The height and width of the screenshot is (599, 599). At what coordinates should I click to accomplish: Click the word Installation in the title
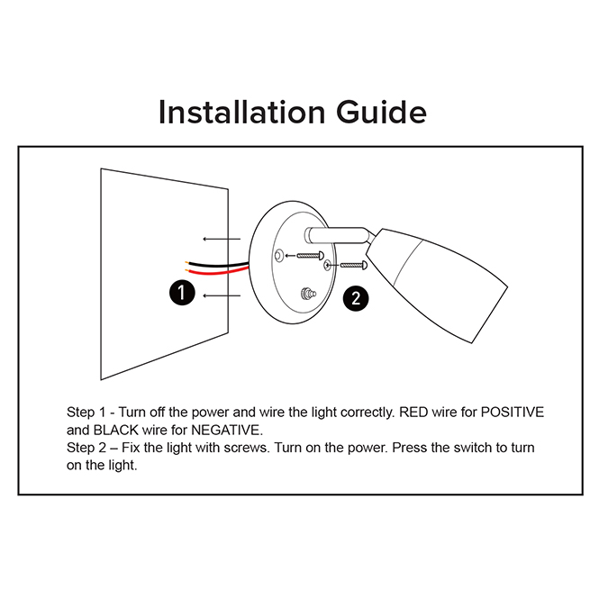(241, 112)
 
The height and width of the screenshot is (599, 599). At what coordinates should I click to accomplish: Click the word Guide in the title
(381, 112)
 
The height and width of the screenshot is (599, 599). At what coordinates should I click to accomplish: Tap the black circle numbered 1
(182, 293)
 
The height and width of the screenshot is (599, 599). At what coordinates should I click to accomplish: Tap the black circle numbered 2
(356, 298)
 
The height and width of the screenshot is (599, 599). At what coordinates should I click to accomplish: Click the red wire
(218, 272)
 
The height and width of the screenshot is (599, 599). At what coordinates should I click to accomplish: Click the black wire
(216, 264)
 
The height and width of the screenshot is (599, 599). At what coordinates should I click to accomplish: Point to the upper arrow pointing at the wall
(222, 239)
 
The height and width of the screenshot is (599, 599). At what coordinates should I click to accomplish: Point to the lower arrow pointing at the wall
(222, 295)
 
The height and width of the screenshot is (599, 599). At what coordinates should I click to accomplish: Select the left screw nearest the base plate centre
(310, 256)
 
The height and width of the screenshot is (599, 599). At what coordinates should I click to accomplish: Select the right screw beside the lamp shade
(354, 265)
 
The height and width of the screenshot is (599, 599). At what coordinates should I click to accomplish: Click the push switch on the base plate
(308, 294)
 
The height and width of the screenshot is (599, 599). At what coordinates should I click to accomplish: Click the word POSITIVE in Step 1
(513, 413)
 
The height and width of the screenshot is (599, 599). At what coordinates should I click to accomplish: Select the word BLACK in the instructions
(116, 431)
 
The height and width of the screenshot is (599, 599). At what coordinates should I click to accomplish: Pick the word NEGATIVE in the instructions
(227, 431)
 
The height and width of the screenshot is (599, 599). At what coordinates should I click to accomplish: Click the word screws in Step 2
(247, 448)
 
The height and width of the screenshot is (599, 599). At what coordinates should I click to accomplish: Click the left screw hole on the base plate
(279, 256)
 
